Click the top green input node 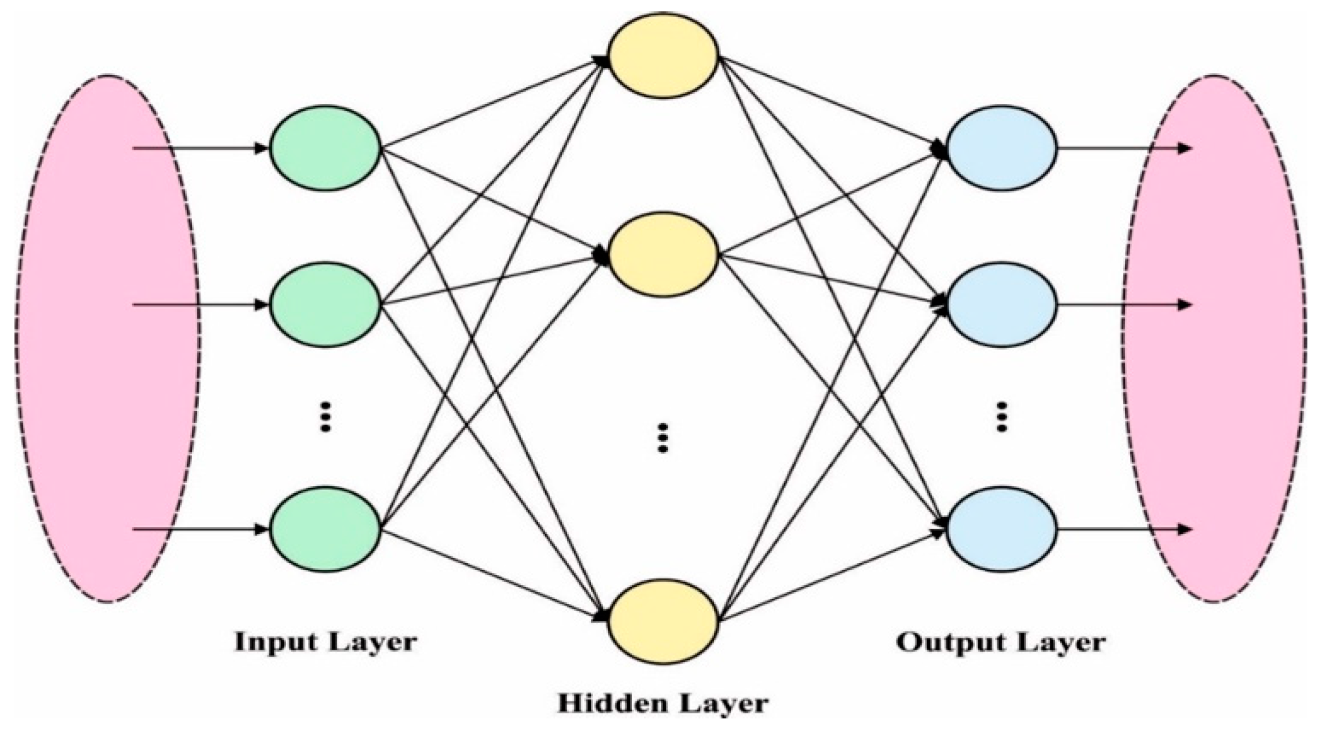(325, 148)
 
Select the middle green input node (325, 305)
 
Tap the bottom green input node (325, 529)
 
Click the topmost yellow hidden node (663, 55)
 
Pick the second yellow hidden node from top (663, 254)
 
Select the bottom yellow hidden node (663, 621)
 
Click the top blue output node (1001, 148)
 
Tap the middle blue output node (1001, 305)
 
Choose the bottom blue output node (1001, 529)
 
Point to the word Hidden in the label (607, 703)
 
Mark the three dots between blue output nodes (1001, 417)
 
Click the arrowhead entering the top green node (261, 149)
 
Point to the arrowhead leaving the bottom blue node (1184, 529)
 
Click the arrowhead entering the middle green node (261, 305)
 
